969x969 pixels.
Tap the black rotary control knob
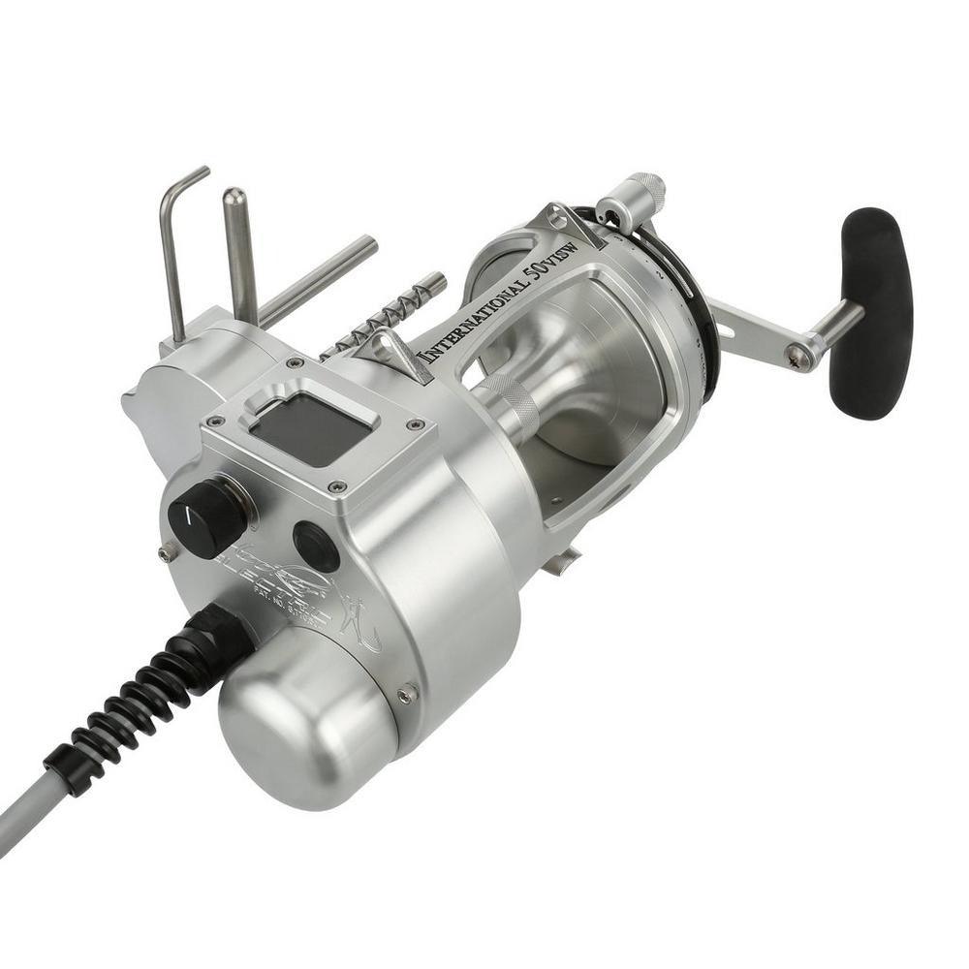point(206,517)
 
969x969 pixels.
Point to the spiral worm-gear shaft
point(388,315)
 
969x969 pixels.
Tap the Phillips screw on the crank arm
point(798,358)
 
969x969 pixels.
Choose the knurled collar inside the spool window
point(508,407)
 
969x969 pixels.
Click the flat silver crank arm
point(756,328)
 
